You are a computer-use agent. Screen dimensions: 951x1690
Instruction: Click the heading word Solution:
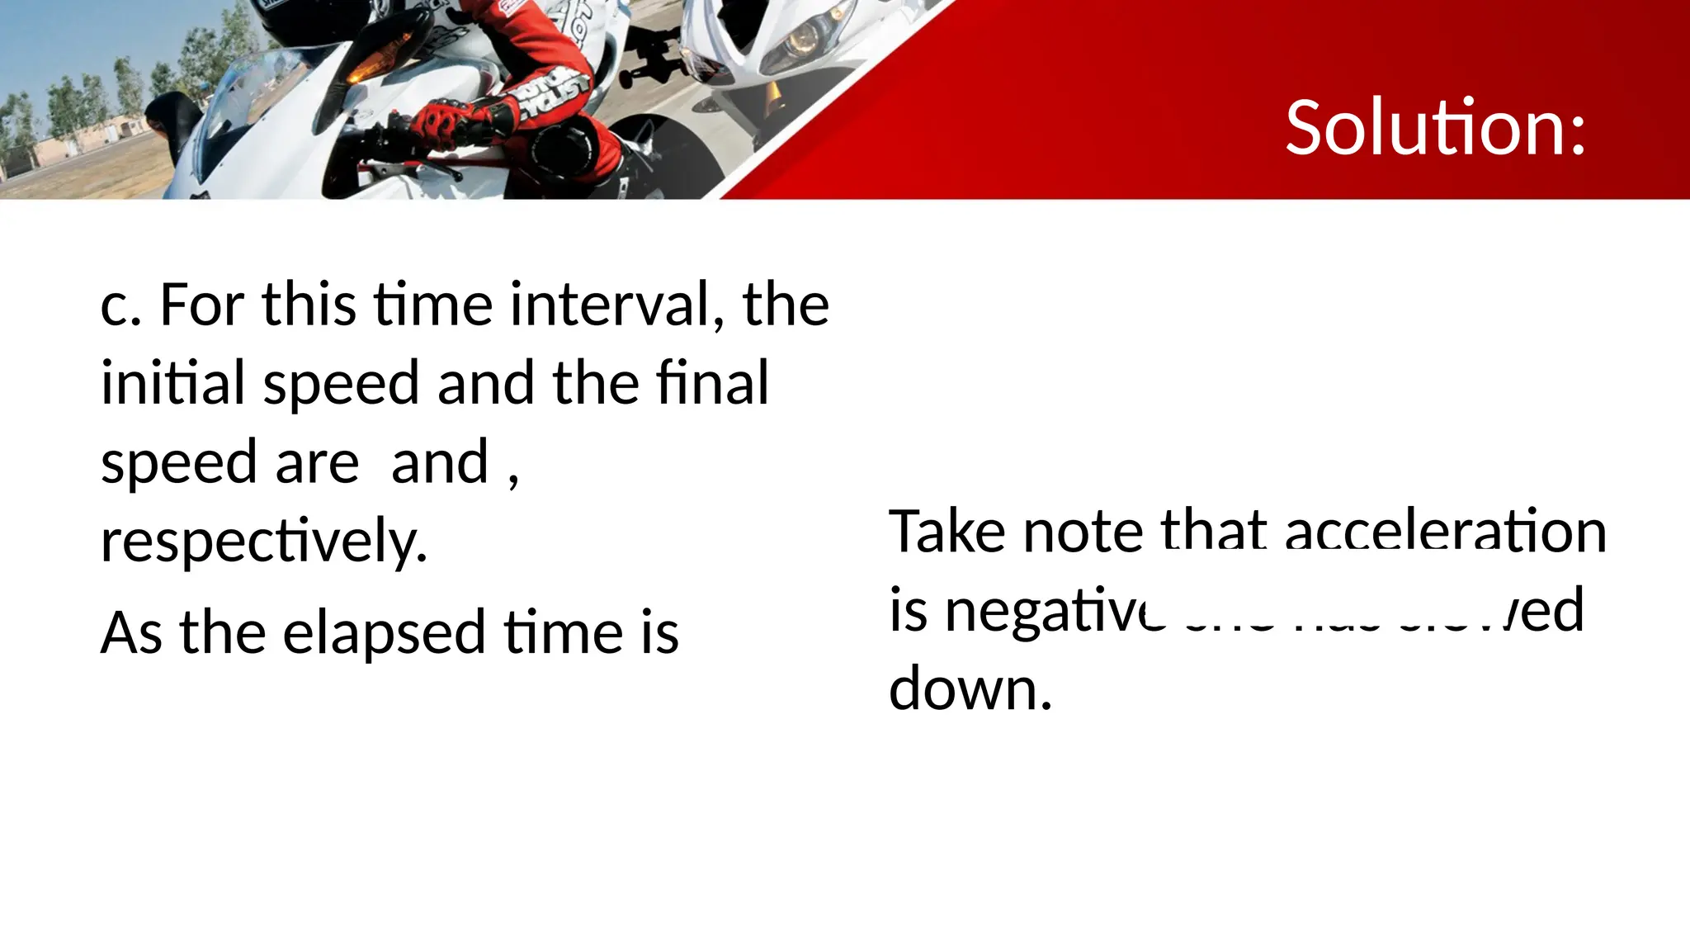(x=1435, y=128)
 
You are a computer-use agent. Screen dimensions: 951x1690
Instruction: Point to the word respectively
(x=264, y=542)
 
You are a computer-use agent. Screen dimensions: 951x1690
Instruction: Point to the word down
(x=970, y=688)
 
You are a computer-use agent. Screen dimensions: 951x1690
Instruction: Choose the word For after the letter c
(x=201, y=305)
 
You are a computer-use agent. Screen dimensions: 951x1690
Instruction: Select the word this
(x=309, y=305)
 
